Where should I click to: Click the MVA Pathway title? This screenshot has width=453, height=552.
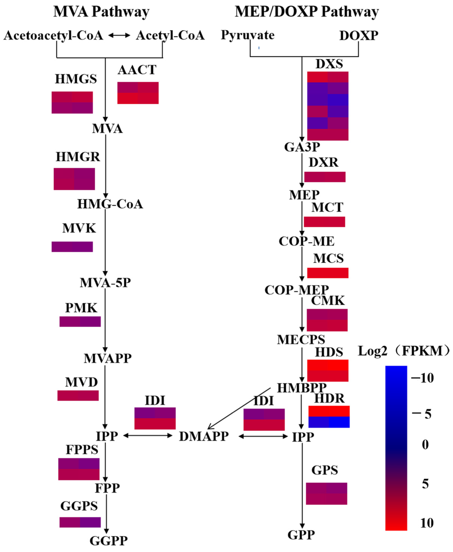pos(101,12)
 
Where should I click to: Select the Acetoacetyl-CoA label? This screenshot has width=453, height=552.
pos(53,35)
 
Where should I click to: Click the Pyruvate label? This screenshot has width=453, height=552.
pos(248,35)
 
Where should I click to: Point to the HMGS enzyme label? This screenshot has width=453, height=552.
pos(76,79)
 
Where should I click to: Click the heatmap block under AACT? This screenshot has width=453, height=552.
pos(138,93)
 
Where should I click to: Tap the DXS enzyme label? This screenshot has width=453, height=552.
pos(329,64)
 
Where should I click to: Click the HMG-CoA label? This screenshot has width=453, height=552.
pos(110,204)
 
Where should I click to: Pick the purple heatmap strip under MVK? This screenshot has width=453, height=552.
pos(72,247)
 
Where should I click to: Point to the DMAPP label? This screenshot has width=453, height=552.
pos(204,436)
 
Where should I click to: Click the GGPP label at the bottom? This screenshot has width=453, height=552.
pos(109,541)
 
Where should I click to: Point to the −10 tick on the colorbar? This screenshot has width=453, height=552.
pos(422,378)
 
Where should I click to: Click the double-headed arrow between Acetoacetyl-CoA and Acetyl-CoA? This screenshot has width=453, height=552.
pos(119,35)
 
